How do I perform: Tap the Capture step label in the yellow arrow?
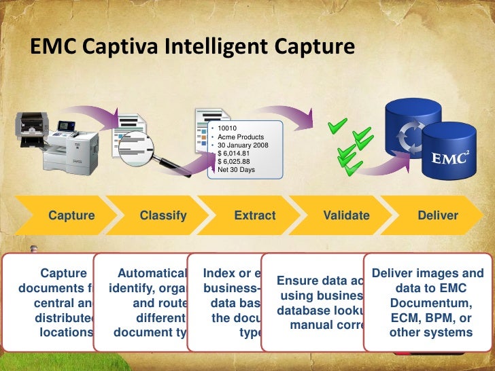[71, 215]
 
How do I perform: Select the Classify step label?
[163, 215]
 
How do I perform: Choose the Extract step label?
[255, 215]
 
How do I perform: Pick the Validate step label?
[347, 215]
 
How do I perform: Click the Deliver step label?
[438, 215]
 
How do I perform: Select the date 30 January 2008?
[243, 145]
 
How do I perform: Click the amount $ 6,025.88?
[235, 161]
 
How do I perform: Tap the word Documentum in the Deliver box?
[429, 303]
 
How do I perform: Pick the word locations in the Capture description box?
[66, 332]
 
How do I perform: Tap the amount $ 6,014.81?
[235, 153]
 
